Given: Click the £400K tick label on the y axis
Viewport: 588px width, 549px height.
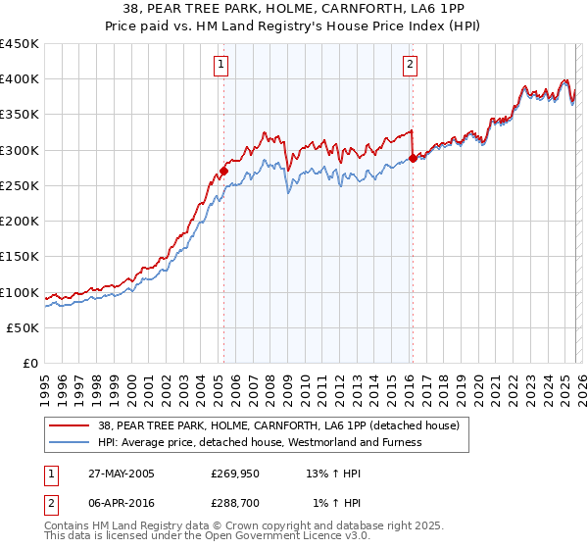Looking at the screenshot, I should click(x=20, y=79).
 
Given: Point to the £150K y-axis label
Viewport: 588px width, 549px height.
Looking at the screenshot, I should click(x=20, y=257).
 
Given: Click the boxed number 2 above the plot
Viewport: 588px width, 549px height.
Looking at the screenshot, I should click(x=409, y=66).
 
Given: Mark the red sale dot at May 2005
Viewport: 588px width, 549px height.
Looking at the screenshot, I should click(x=223, y=171).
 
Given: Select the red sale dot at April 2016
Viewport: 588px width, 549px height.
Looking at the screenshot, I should click(x=413, y=157).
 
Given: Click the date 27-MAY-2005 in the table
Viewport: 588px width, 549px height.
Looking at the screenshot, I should click(x=122, y=474).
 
